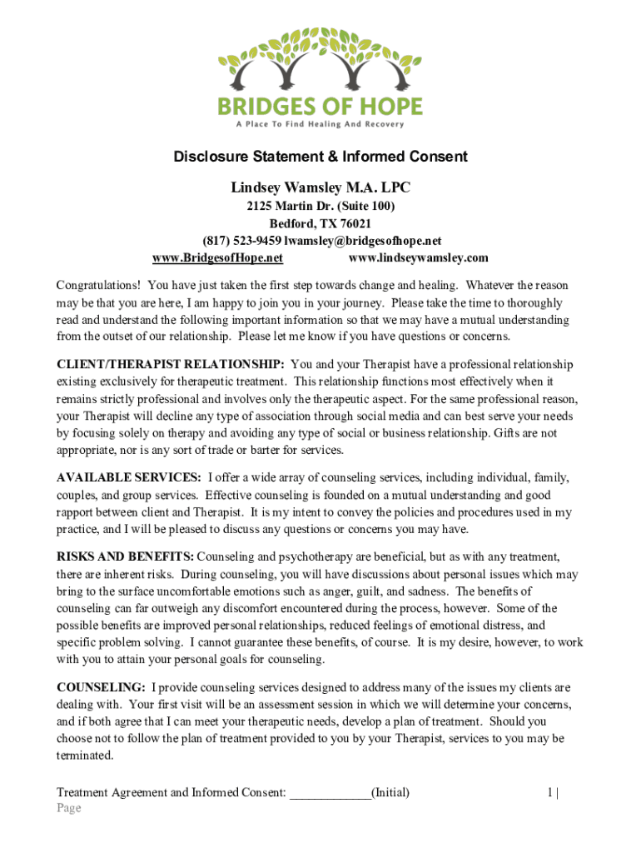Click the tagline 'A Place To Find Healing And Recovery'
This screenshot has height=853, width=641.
pyautogui.click(x=320, y=125)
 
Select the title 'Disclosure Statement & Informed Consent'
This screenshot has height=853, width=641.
pyautogui.click(x=320, y=157)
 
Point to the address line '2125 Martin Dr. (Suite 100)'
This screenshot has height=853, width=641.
pyautogui.click(x=320, y=206)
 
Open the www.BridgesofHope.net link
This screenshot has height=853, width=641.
pyautogui.click(x=218, y=257)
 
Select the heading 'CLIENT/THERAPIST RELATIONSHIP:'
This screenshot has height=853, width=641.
pyautogui.click(x=171, y=365)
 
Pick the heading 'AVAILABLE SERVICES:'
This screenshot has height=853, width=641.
pyautogui.click(x=128, y=477)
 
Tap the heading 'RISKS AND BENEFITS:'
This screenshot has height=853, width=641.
pyautogui.click(x=126, y=556)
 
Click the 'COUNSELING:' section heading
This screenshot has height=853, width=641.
pyautogui.click(x=101, y=687)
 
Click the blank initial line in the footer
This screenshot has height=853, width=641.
pyautogui.click(x=330, y=792)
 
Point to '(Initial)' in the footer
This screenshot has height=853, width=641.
pyautogui.click(x=390, y=792)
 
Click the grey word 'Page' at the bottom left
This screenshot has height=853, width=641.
pyautogui.click(x=68, y=808)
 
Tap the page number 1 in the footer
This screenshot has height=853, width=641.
pyautogui.click(x=550, y=792)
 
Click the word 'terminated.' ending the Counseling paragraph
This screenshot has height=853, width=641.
pyautogui.click(x=85, y=755)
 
